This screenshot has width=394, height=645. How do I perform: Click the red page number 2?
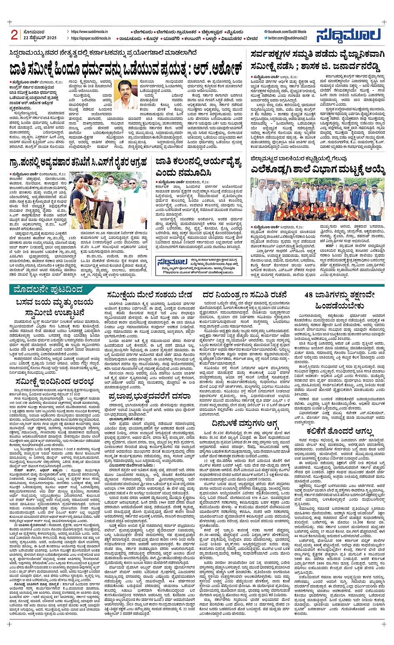14,35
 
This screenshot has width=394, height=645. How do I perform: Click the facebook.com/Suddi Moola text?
287,32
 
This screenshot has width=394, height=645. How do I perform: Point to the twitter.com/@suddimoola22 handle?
287,38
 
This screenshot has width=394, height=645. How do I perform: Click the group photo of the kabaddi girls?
318,199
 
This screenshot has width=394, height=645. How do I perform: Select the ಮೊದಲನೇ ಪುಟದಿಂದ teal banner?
48,289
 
